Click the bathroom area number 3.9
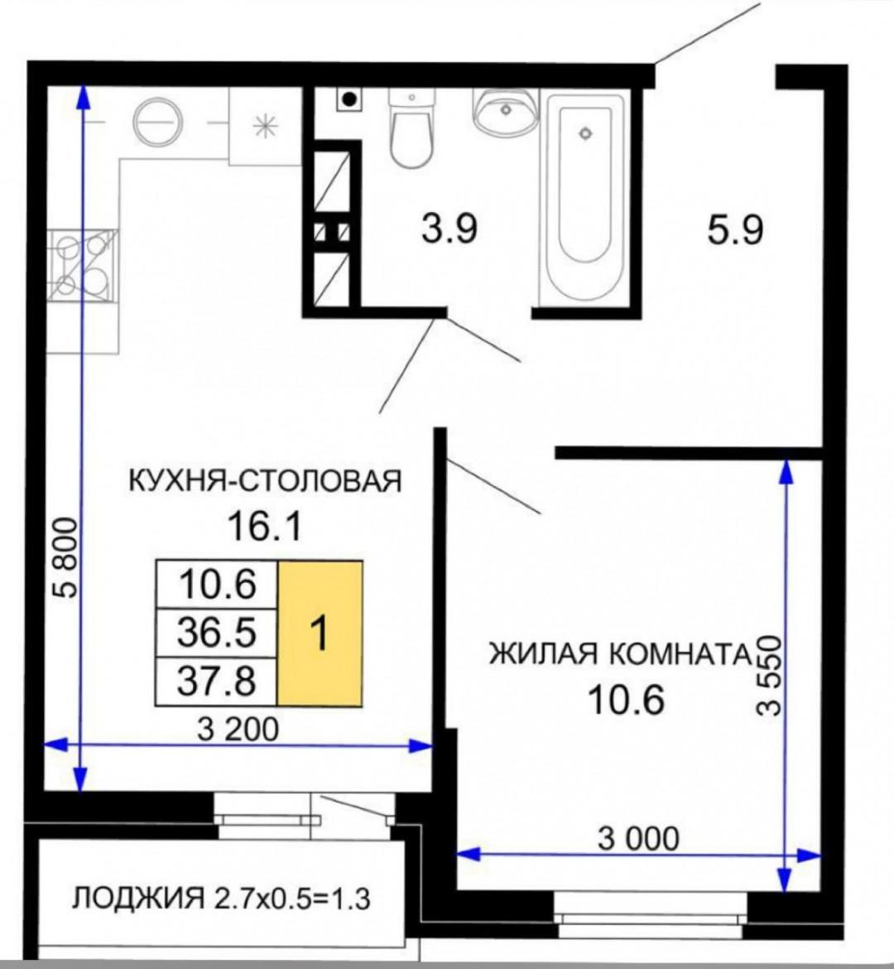pos(449,229)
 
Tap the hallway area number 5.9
pos(733,229)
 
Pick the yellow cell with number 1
pos(320,634)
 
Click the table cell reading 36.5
pos(216,634)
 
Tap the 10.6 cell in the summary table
pos(216,586)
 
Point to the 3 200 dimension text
pos(238,729)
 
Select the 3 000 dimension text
pos(637,838)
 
